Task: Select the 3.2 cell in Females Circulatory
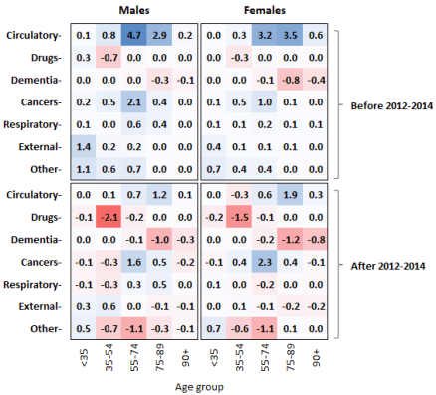(x=265, y=36)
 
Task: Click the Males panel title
(x=137, y=9)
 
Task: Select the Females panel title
(x=265, y=9)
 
